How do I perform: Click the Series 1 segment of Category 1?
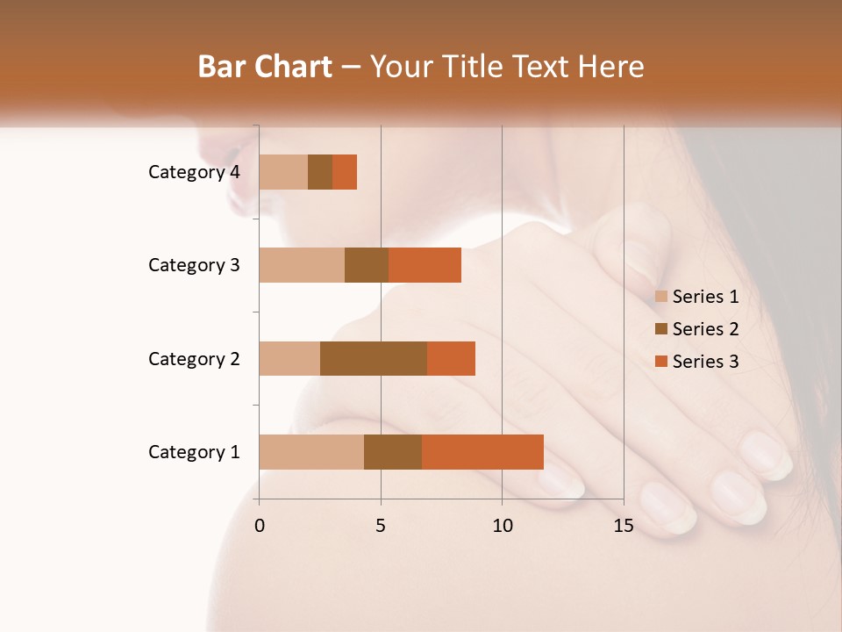click(311, 452)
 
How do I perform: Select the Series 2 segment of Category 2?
click(374, 358)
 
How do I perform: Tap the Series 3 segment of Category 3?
click(425, 265)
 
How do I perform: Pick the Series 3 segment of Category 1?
click(482, 452)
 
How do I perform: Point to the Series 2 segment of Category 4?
click(320, 172)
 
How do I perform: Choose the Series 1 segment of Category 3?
click(302, 265)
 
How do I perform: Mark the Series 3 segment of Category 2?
click(451, 358)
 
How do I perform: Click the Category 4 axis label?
click(194, 172)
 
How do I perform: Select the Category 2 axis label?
click(194, 358)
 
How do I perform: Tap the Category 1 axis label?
click(194, 452)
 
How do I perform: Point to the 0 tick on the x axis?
click(260, 526)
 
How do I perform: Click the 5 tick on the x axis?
click(381, 526)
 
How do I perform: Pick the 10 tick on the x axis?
click(502, 526)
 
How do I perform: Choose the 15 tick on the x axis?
click(623, 526)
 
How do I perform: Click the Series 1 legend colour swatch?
click(661, 297)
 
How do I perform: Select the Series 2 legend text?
click(705, 329)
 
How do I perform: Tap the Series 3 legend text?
click(705, 362)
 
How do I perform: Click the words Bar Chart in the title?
click(265, 67)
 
